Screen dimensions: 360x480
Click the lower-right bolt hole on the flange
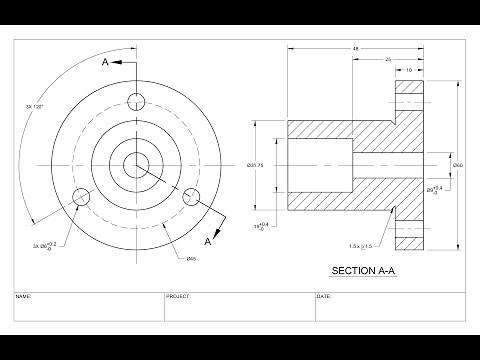click(x=194, y=196)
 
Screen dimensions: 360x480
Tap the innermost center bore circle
click(x=137, y=163)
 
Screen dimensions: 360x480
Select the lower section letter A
click(x=207, y=242)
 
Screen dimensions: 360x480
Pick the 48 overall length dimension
click(x=356, y=48)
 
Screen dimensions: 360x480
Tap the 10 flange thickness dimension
click(x=409, y=70)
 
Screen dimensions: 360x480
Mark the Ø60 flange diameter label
click(x=458, y=165)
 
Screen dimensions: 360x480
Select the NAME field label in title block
click(x=24, y=297)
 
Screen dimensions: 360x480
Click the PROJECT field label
click(x=179, y=297)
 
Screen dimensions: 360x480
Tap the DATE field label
click(x=323, y=297)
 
